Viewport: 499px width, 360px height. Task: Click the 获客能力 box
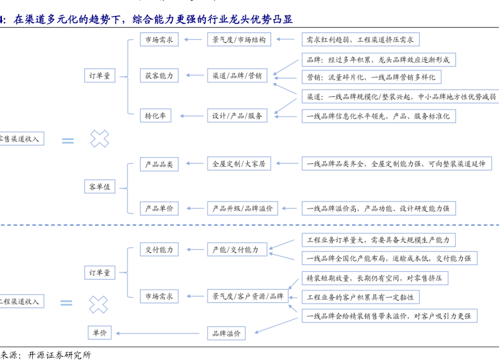159,75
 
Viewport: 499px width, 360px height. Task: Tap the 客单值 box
99,186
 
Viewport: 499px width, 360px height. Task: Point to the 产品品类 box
159,164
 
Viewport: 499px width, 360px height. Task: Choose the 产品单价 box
159,208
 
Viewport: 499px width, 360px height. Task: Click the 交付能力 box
159,250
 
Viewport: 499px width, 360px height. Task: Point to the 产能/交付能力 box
236,250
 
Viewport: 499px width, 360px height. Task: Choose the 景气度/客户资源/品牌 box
248,296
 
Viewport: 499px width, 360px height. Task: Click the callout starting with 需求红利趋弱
359,39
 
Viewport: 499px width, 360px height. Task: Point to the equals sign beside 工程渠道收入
67,303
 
